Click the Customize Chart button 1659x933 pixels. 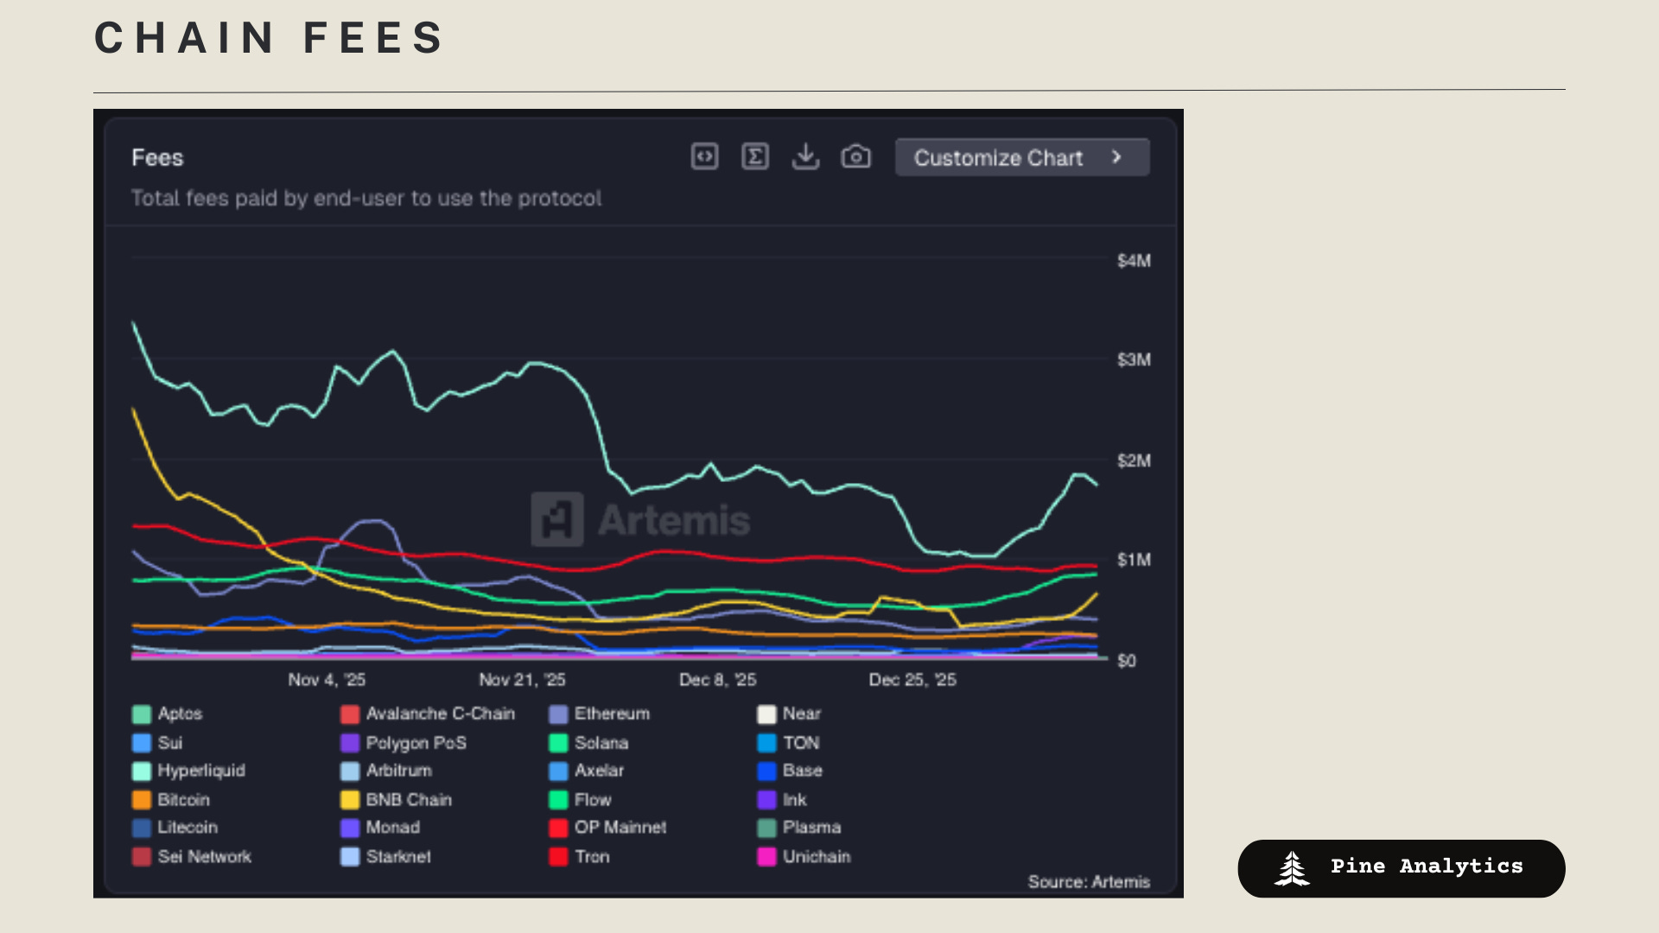coord(1021,157)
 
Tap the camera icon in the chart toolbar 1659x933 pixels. coord(855,157)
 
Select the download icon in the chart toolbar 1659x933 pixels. coord(805,157)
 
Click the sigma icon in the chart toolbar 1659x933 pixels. coord(755,157)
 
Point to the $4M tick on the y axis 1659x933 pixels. coord(1133,261)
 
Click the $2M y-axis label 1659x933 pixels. coord(1133,460)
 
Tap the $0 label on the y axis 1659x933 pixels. coord(1126,661)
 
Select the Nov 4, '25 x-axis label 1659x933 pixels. coord(327,680)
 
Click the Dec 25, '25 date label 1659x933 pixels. coord(912,680)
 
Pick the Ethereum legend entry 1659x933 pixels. coord(611,714)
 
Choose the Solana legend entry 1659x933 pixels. coord(601,743)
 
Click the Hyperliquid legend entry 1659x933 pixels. coord(200,771)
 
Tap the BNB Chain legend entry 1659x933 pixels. coord(408,800)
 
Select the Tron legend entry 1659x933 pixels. coord(592,857)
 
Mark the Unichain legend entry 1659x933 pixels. coord(816,857)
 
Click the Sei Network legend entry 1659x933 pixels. coord(204,857)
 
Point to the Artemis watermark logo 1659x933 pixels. coord(557,519)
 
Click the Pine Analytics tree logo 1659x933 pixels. coord(1292,868)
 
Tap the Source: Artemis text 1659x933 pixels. coord(1089,882)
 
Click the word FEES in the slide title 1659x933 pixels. coord(373,39)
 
